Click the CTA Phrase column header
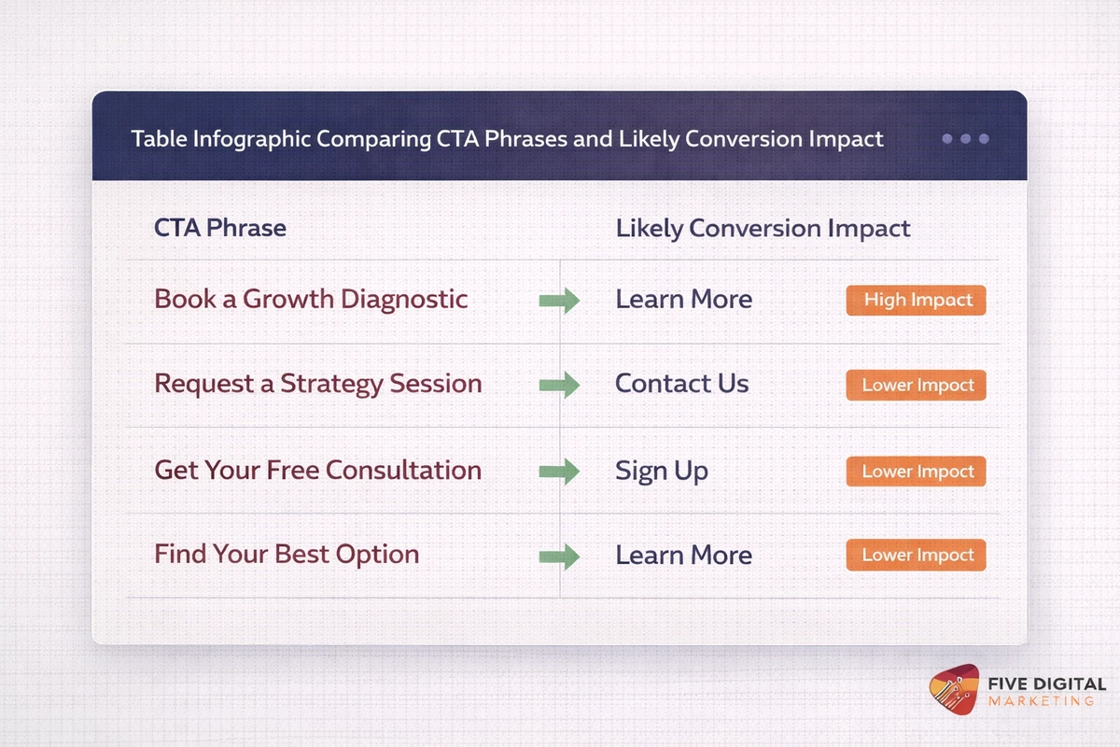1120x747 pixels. point(220,228)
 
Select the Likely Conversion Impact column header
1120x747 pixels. point(763,228)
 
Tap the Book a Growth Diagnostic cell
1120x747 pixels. point(311,299)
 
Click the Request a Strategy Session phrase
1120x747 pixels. point(317,384)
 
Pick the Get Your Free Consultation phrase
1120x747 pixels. point(317,470)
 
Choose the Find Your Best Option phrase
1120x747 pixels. point(287,555)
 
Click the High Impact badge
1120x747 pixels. point(916,300)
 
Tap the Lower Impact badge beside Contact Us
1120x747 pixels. point(916,385)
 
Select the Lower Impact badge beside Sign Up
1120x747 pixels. point(916,471)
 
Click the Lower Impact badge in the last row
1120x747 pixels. point(916,555)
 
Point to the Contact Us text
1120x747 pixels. point(681,384)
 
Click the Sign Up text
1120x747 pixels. point(661,471)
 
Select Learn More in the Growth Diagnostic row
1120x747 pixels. point(683,300)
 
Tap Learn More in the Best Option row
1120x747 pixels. point(683,556)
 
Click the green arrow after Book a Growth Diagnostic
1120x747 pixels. point(559,301)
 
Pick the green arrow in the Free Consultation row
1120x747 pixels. point(559,472)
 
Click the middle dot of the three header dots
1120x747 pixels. point(965,139)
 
